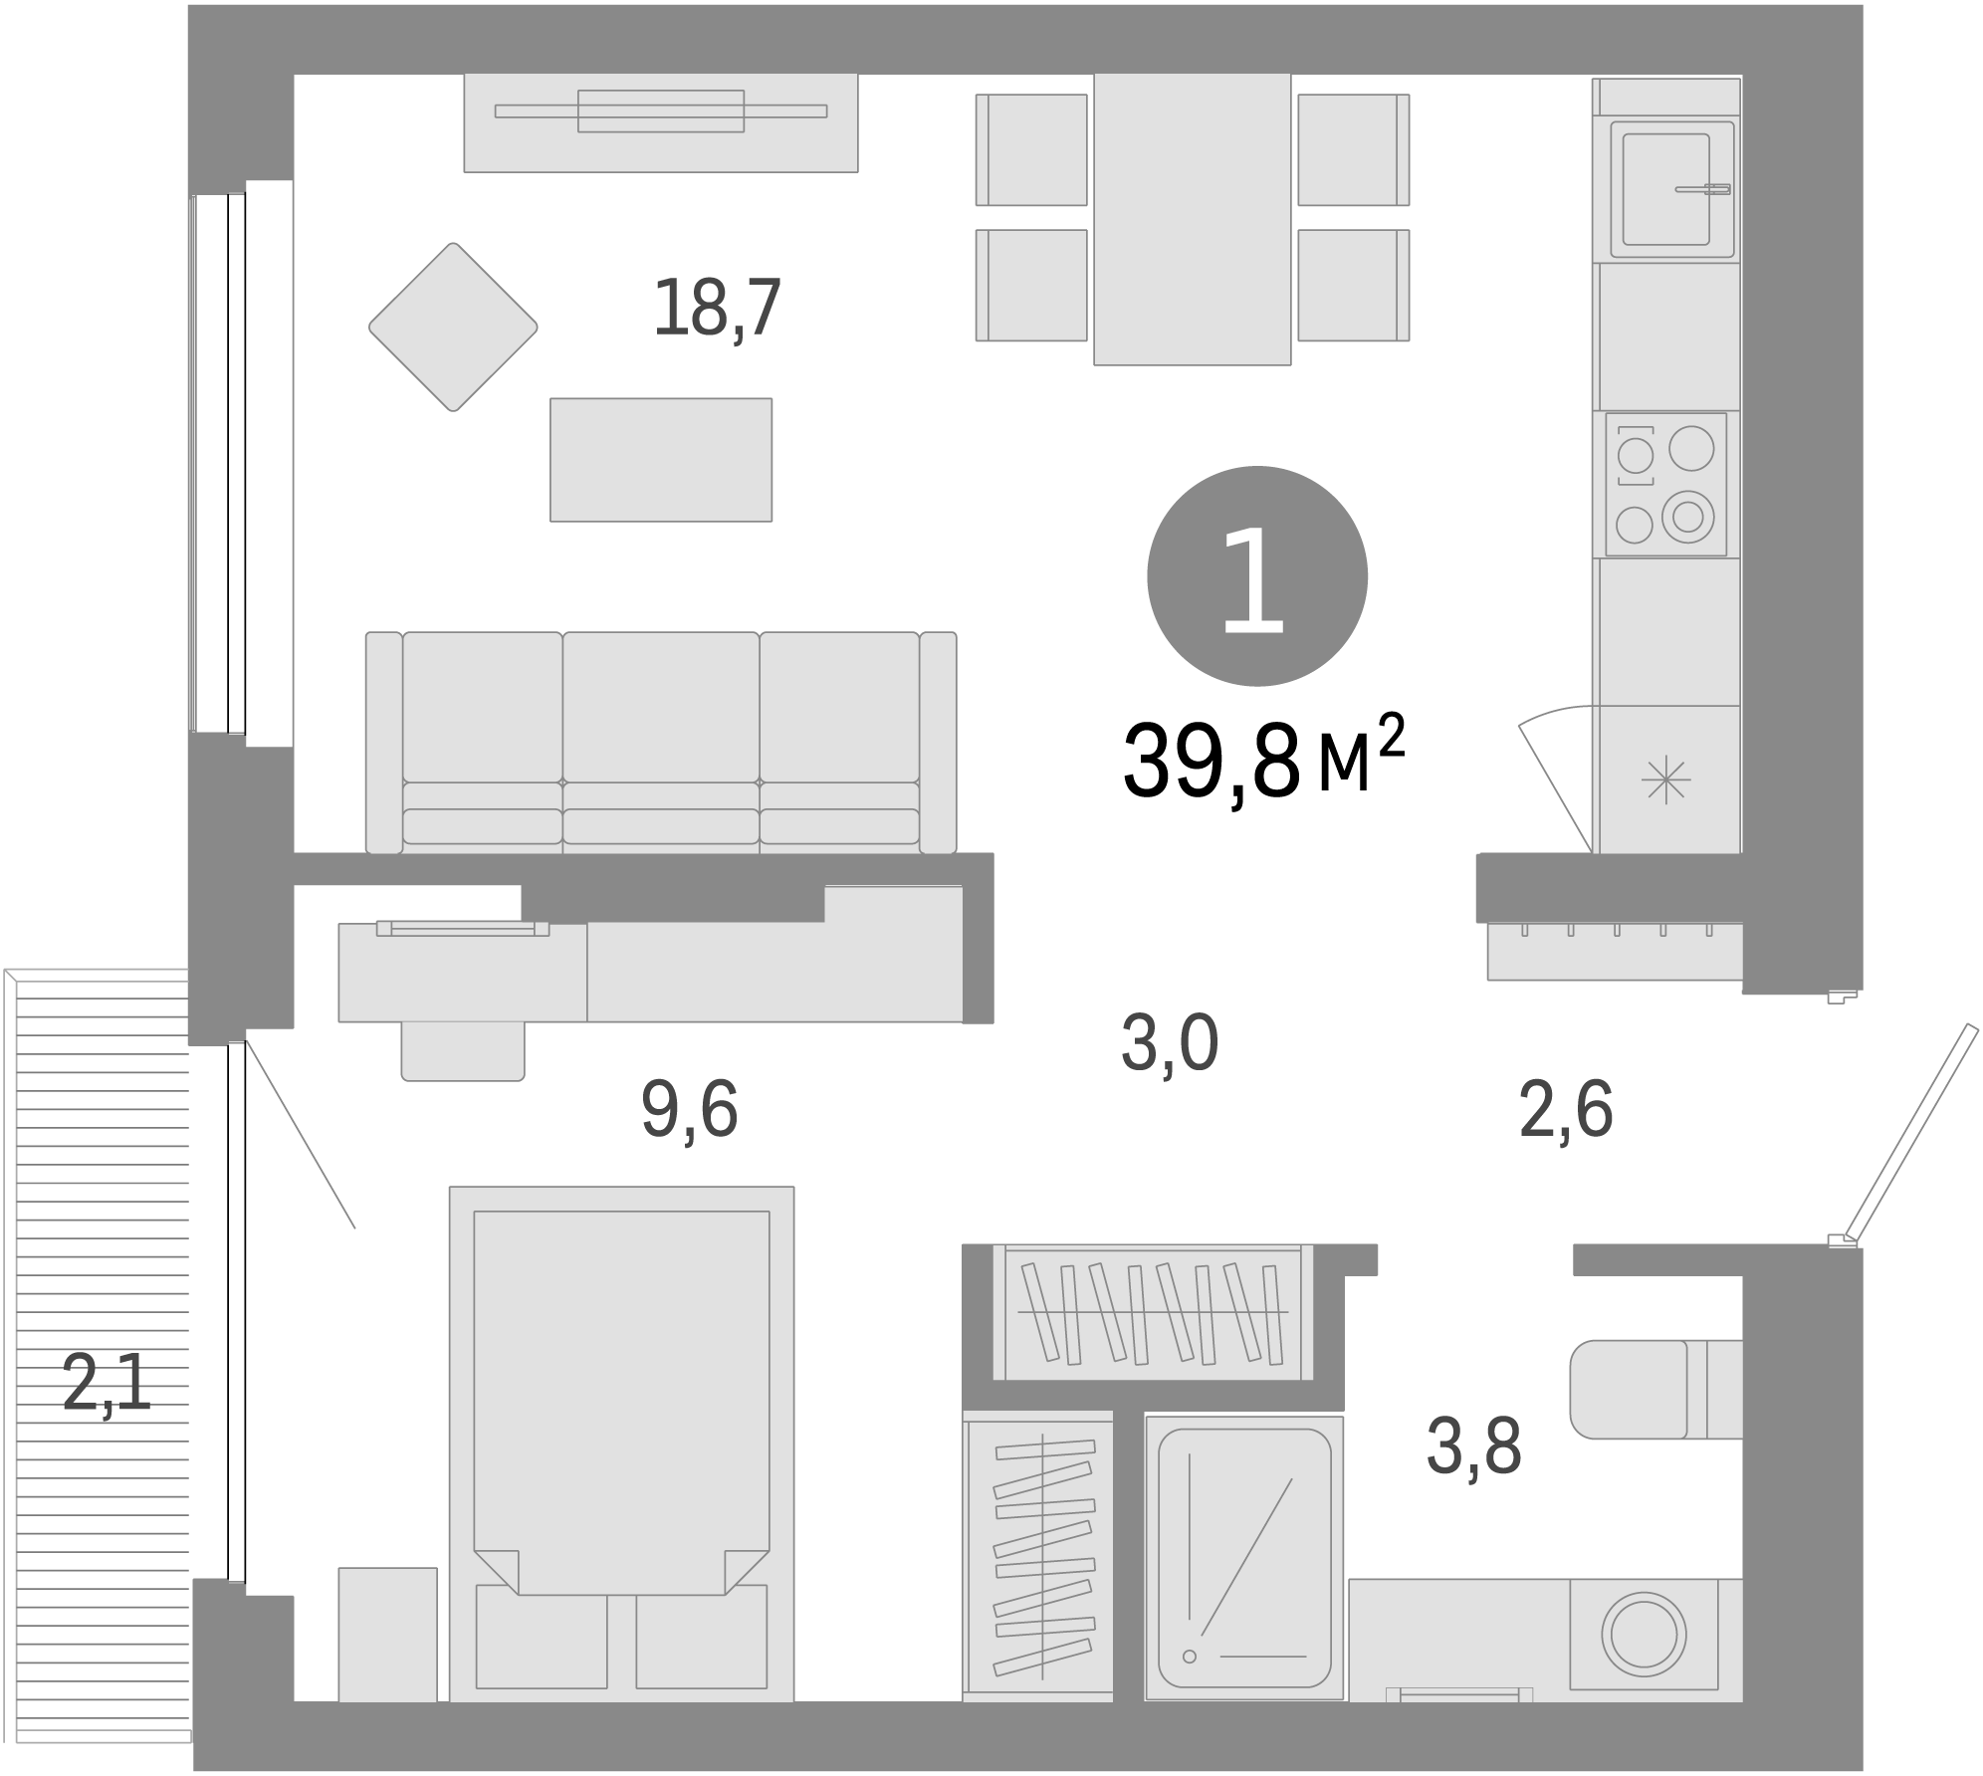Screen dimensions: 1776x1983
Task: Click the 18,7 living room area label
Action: (x=717, y=309)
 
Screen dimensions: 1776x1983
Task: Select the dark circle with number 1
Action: (x=1256, y=576)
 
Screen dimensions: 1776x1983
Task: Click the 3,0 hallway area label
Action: (x=1170, y=1044)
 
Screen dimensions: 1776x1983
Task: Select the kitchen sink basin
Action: (x=1665, y=189)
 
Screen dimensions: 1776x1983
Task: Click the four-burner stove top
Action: (x=1665, y=484)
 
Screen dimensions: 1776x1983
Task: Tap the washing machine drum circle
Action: (x=1644, y=1635)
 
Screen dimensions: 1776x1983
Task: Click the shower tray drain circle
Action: (x=1189, y=1657)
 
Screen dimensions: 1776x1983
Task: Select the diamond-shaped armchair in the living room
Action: (x=453, y=327)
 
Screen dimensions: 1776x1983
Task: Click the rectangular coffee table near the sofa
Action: (x=661, y=459)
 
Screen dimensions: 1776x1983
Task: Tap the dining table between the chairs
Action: (x=1192, y=219)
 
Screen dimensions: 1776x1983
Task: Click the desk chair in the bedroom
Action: (x=463, y=1050)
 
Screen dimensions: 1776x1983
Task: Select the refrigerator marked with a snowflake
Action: (x=1666, y=778)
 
